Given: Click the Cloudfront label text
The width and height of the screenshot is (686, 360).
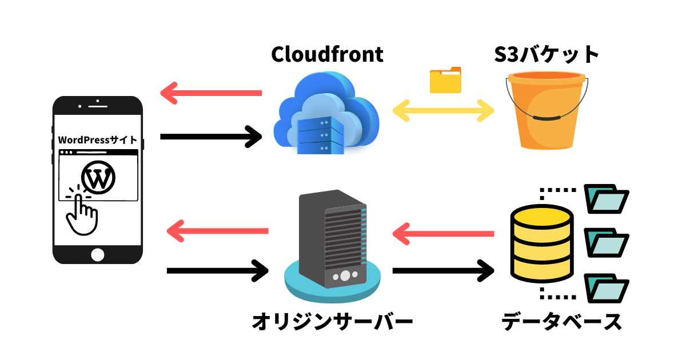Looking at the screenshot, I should point(327,54).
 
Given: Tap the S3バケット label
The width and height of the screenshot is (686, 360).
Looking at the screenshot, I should point(547,54).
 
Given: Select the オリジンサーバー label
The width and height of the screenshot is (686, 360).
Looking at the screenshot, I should point(332,322).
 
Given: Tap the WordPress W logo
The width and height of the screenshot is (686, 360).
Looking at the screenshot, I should point(99,178).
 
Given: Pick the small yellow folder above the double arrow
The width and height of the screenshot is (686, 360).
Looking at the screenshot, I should point(445,80).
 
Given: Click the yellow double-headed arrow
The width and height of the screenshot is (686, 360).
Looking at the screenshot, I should point(443,110).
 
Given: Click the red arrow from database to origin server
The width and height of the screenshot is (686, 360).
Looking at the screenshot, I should point(443,233).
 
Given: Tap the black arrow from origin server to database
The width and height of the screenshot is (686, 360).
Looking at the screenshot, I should point(443,270).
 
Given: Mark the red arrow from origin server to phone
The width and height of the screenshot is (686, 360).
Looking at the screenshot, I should point(217,231).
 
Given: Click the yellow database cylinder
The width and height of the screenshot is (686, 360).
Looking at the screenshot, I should point(540,242).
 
